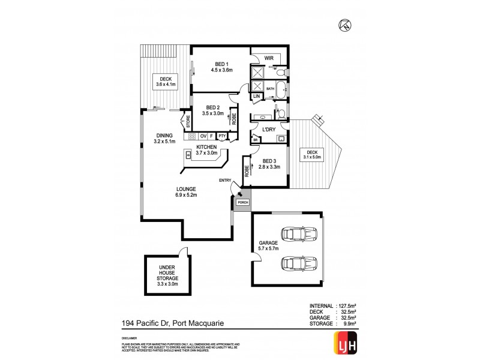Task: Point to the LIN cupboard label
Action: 256,96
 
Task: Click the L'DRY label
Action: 268,130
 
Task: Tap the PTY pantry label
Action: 222,136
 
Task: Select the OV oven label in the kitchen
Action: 203,136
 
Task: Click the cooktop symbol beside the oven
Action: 193,136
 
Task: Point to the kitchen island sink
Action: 188,156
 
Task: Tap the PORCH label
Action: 242,202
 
